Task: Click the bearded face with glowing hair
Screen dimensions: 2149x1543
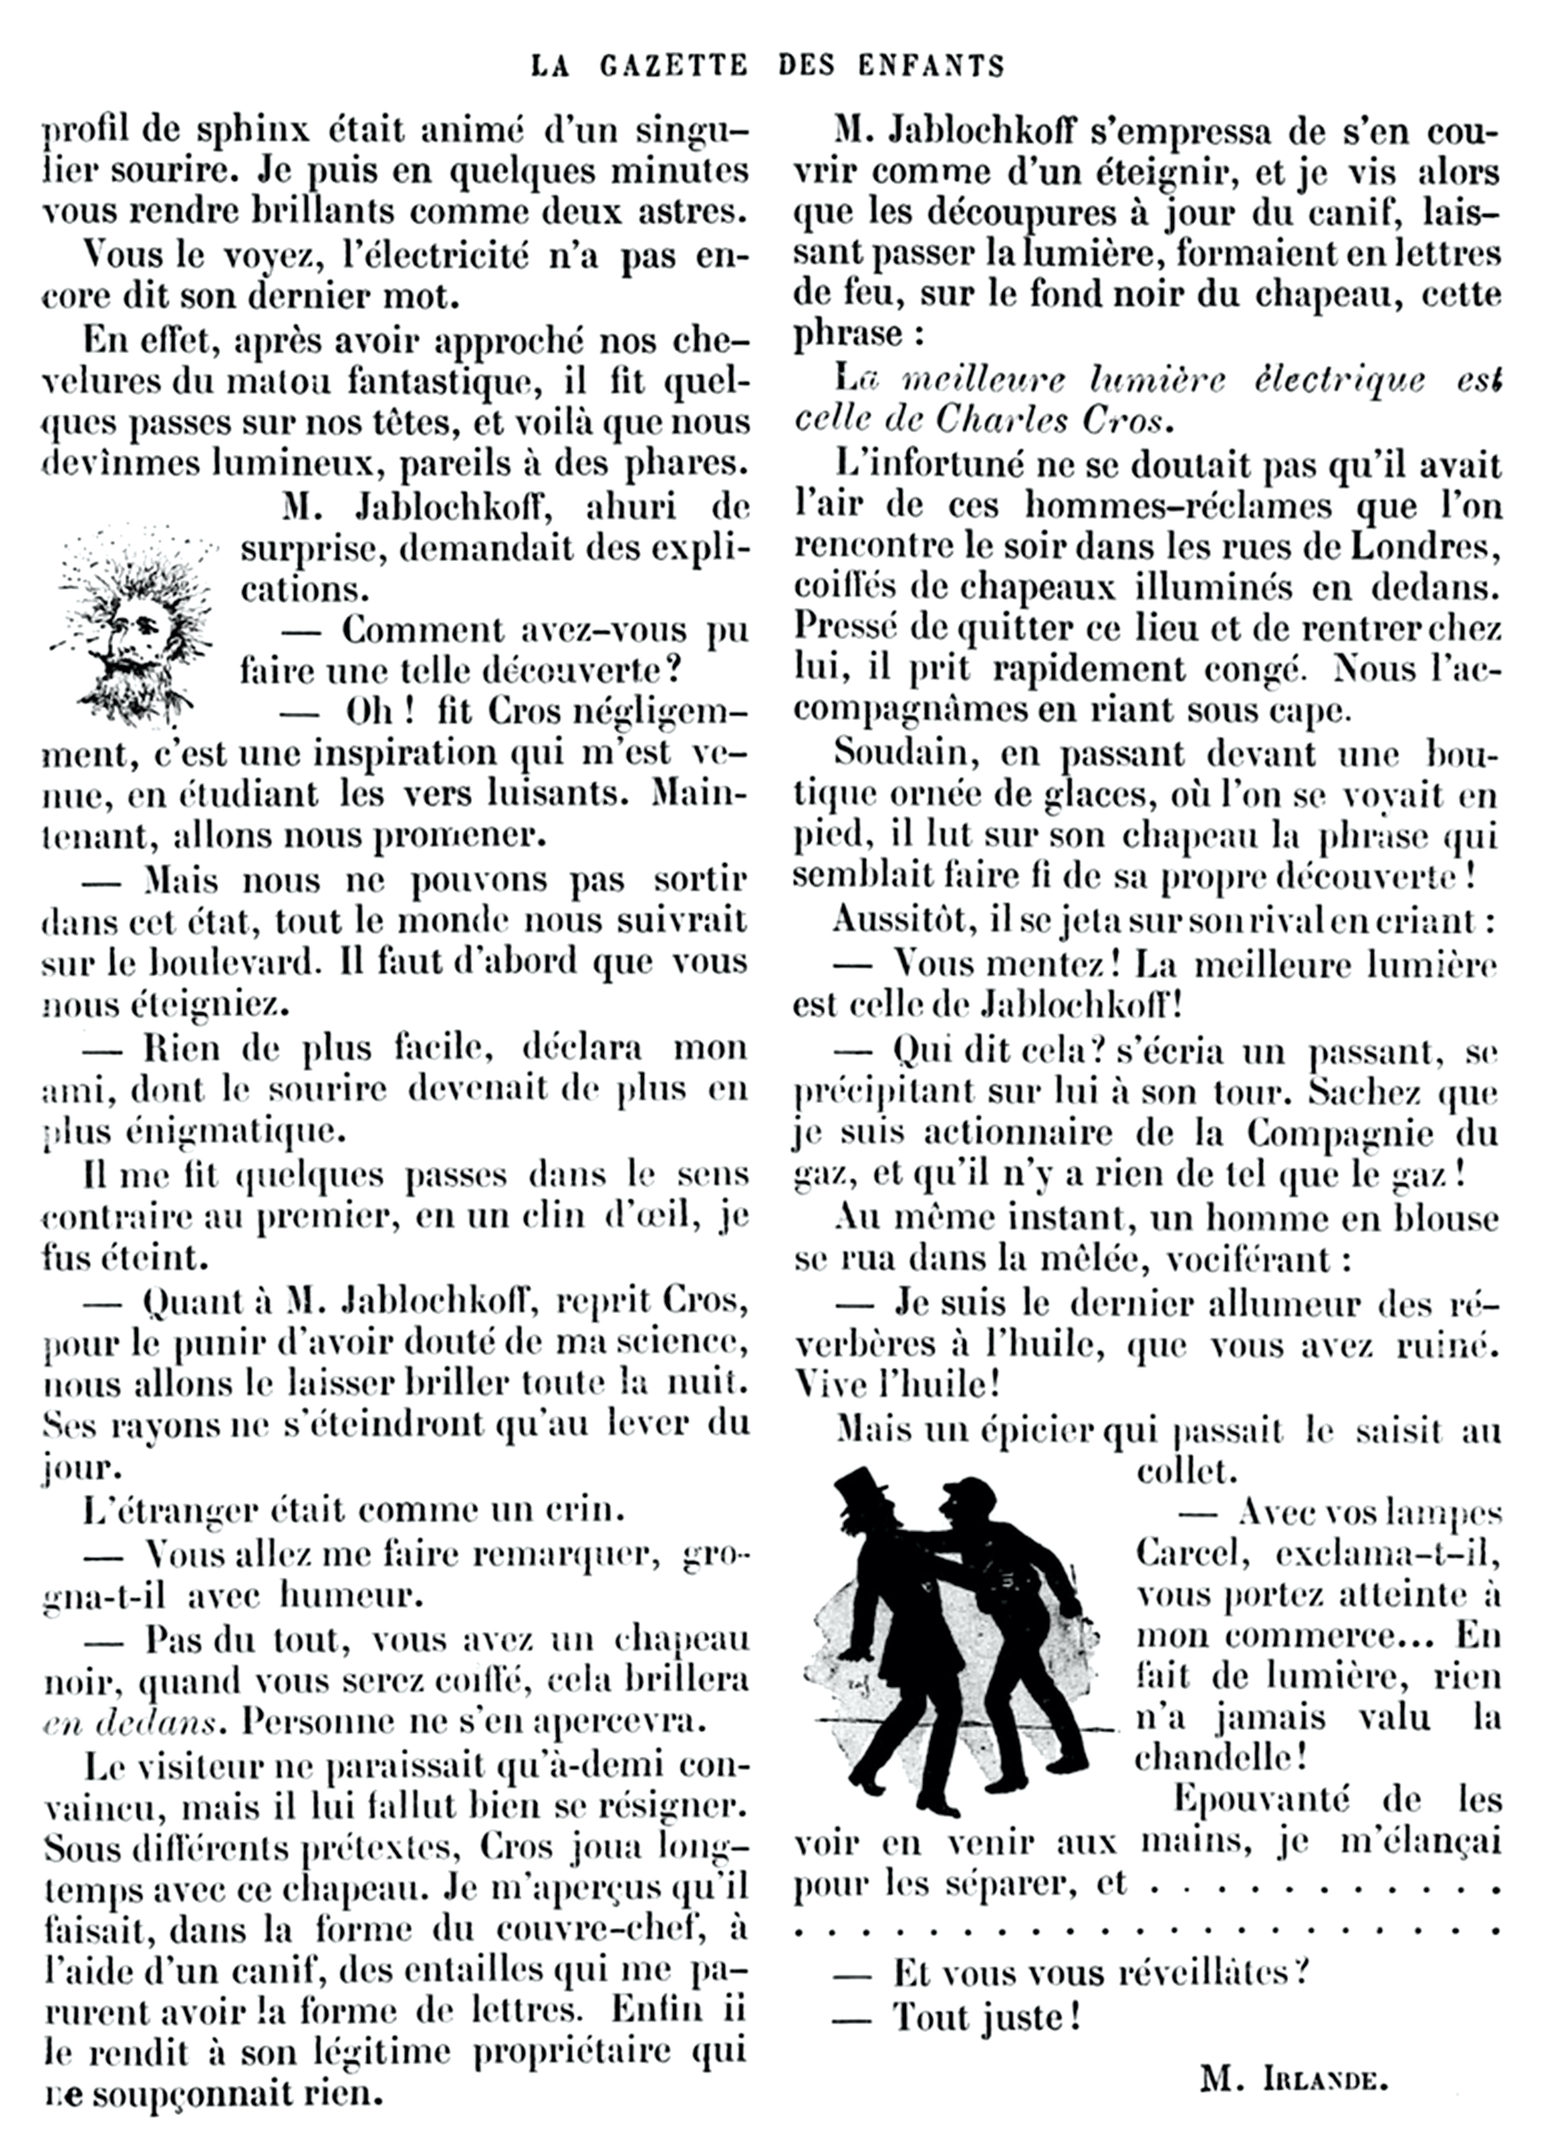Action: click(133, 626)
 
